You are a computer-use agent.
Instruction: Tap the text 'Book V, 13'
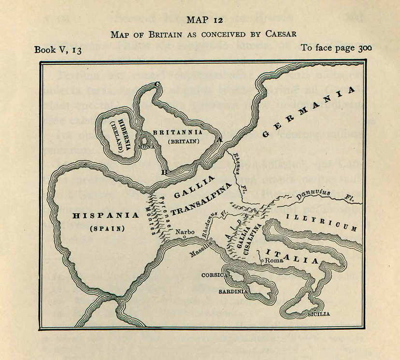pos(57,49)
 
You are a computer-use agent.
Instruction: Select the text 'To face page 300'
pos(336,48)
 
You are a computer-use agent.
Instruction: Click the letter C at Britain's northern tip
pos(157,85)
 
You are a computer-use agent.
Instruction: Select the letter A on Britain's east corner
pos(220,139)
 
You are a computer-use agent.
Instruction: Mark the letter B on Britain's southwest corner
pos(164,172)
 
